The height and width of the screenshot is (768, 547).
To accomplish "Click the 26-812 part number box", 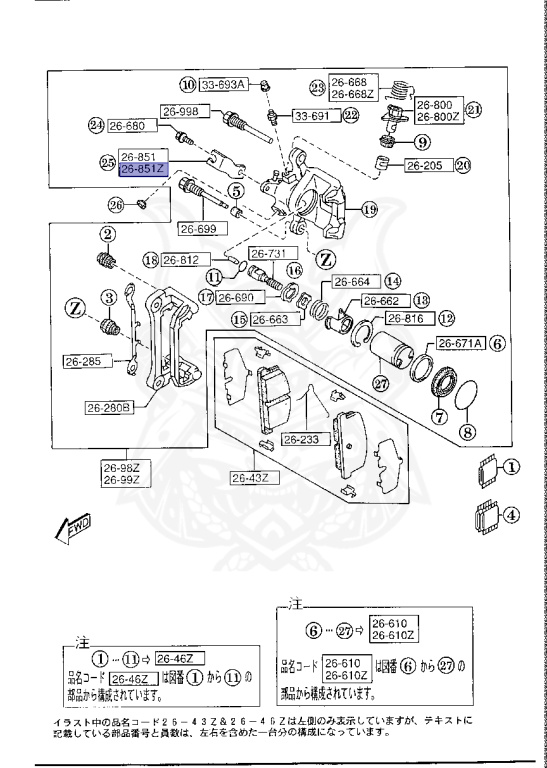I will [x=184, y=260].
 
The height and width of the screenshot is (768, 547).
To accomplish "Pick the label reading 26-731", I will [x=267, y=253].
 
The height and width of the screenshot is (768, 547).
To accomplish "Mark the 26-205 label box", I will [x=427, y=165].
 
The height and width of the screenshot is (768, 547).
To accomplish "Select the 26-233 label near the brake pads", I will [x=301, y=439].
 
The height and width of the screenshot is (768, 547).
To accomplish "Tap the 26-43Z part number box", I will [x=251, y=478].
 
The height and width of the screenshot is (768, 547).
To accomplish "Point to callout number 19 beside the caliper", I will [x=368, y=210].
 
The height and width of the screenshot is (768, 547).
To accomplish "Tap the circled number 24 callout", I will [x=96, y=126].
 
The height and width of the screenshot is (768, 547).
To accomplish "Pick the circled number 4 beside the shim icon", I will [x=512, y=517].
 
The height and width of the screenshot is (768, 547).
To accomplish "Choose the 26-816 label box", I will [x=406, y=319].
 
